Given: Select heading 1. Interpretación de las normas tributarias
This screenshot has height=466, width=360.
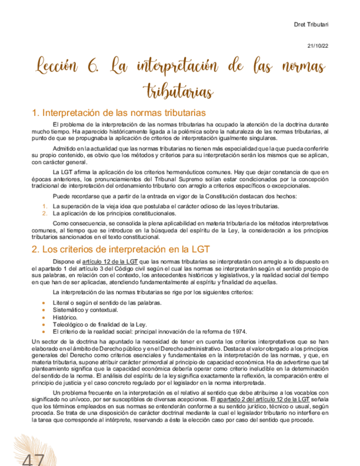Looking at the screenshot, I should click(119, 113).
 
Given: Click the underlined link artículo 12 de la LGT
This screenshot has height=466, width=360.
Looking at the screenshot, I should click(108, 261).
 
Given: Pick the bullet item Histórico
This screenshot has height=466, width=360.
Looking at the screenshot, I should click(65, 318).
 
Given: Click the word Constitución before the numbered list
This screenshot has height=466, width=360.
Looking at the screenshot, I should click(217, 196).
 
